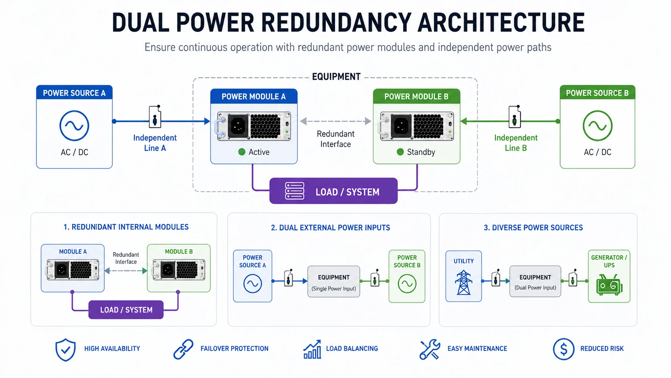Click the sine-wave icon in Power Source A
[x=74, y=126]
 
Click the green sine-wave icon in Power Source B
[x=597, y=126]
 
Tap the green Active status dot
[x=242, y=152]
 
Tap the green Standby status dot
[x=400, y=152]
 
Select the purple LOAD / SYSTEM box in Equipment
[x=333, y=191]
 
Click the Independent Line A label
[x=155, y=143]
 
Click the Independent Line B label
[x=516, y=143]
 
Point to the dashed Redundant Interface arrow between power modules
[x=335, y=121]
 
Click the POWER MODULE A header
[x=254, y=96]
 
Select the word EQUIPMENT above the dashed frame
[x=336, y=77]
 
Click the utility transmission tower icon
[x=464, y=282]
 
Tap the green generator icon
[x=609, y=285]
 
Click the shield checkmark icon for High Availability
[x=65, y=349]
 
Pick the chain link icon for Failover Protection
[x=183, y=349]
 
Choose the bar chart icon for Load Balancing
[x=312, y=349]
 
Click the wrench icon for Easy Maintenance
[x=429, y=349]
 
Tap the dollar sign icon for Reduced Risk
[x=563, y=349]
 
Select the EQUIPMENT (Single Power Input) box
[x=333, y=282]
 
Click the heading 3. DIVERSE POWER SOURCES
[x=533, y=228]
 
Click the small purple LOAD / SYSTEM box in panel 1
[x=126, y=310]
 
